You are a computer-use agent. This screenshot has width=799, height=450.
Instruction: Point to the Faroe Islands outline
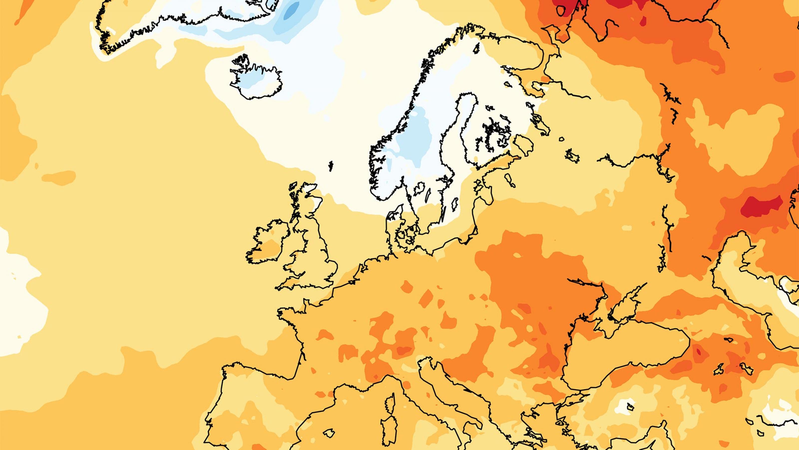pos(331,165)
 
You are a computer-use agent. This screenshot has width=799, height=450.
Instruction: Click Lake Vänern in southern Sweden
pos(419,188)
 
